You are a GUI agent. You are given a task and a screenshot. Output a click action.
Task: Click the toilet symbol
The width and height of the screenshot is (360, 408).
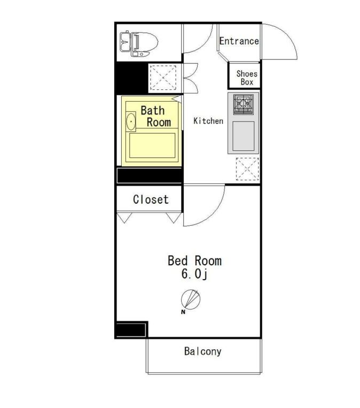point(139,44)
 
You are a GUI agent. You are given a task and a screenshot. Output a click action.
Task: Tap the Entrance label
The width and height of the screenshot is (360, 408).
point(239,41)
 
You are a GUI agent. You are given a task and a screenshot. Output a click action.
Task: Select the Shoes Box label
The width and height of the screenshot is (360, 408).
point(247,78)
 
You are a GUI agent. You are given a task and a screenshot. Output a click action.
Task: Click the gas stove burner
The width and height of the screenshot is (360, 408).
point(243,104)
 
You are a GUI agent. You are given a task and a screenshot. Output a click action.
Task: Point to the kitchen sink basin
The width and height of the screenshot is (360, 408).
point(243,136)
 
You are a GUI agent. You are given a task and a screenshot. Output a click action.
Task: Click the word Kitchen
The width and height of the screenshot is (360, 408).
point(208,121)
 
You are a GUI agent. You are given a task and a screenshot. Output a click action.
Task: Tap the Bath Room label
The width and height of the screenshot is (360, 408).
point(155,117)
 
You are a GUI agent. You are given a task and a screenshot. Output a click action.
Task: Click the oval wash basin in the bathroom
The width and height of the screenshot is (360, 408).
point(131,121)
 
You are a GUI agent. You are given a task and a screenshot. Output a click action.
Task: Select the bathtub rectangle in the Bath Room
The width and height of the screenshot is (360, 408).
point(152,145)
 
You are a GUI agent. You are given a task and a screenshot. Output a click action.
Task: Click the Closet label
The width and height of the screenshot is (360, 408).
point(151,199)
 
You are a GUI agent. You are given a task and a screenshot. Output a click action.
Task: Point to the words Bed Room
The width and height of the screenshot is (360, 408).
point(194,261)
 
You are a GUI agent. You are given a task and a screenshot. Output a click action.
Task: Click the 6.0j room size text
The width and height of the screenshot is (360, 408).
point(194,274)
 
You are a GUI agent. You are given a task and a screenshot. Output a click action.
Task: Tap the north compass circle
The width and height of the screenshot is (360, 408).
point(191,299)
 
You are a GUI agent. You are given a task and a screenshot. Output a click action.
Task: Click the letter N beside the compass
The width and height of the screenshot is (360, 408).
point(183,312)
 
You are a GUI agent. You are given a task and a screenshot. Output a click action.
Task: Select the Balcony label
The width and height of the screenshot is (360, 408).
point(203,351)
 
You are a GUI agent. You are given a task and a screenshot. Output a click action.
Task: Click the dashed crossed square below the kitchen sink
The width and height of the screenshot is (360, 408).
point(247,169)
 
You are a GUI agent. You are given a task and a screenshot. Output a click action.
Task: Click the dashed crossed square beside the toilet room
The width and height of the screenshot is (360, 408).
point(163,78)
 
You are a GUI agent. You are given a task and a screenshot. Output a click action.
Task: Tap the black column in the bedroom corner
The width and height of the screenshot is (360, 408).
point(131,330)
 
